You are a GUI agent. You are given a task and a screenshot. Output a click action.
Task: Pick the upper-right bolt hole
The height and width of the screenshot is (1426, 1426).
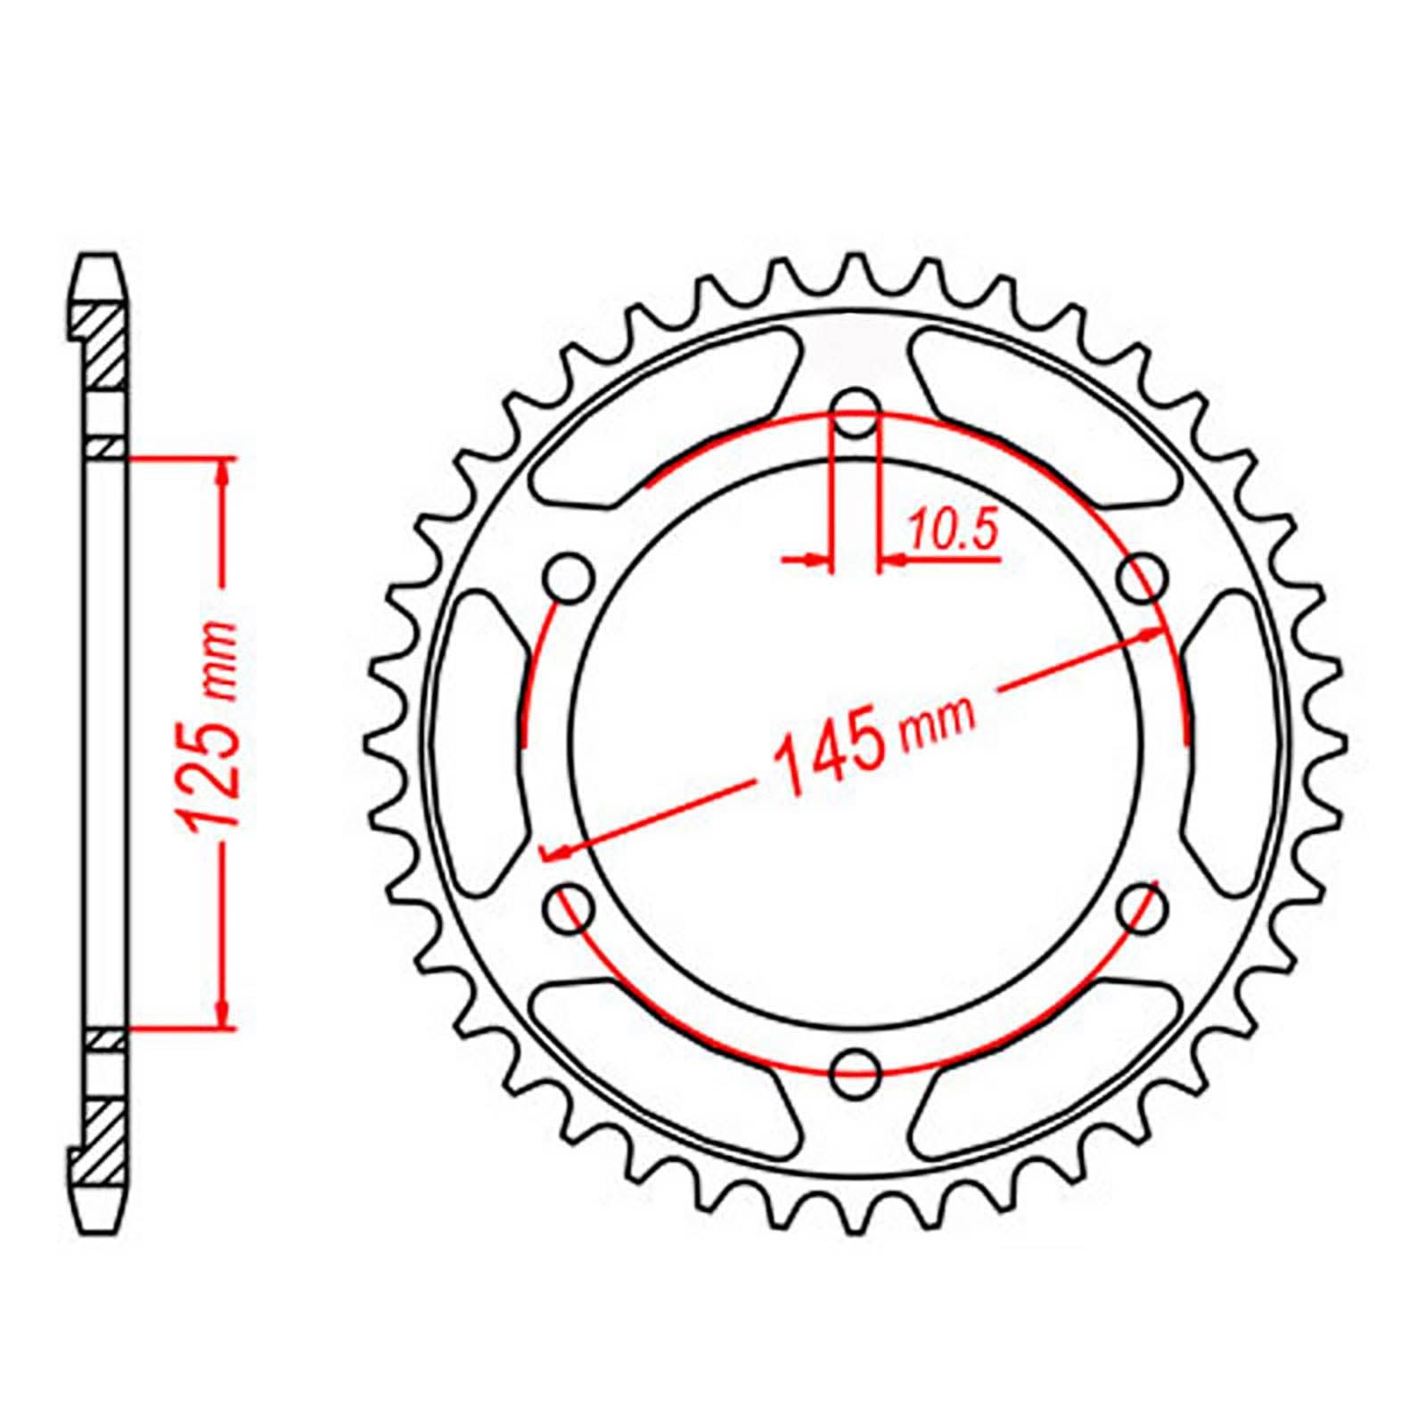point(1142,579)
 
